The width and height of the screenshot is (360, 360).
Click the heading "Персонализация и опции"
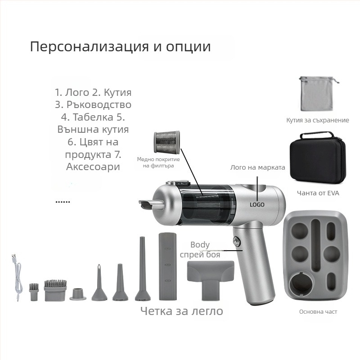(120, 47)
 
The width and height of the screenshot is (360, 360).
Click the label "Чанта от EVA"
(318, 193)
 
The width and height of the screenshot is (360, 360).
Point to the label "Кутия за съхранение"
(318, 120)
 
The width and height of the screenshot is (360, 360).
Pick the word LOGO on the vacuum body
(257, 204)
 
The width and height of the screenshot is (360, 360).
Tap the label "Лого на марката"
(257, 167)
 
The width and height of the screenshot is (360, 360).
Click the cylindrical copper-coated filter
(166, 143)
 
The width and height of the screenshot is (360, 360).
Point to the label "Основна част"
(318, 312)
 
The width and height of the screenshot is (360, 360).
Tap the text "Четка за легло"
(181, 311)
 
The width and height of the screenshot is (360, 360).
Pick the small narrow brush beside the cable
(34, 292)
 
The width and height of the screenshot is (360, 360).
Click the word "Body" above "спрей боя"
(200, 245)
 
